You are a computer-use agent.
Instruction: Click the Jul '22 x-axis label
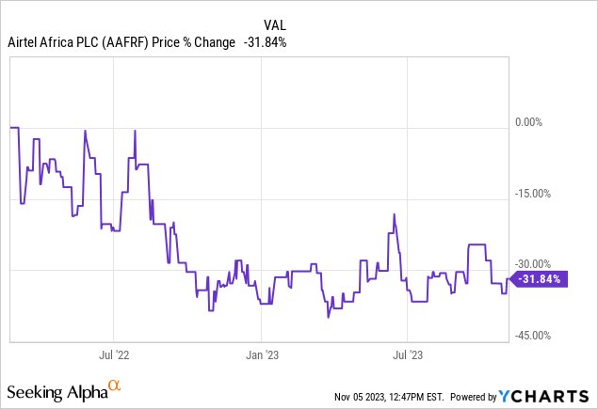(113, 355)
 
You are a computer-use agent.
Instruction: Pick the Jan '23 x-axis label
(261, 355)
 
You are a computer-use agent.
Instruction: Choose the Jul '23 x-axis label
(407, 355)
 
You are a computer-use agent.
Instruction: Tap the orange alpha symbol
(115, 385)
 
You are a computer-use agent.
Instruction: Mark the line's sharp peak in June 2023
(394, 214)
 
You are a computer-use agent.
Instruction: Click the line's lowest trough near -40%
(328, 318)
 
